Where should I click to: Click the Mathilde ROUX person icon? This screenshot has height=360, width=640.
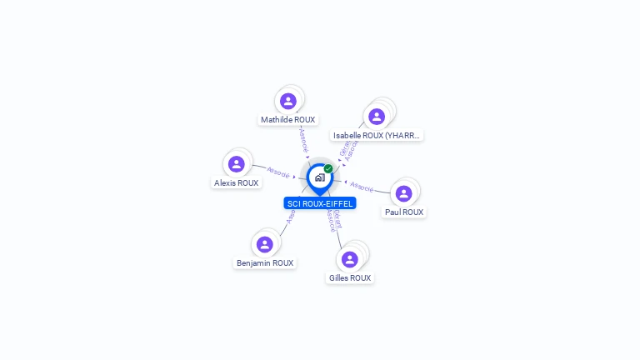click(x=288, y=102)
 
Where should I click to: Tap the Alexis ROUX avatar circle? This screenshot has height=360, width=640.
click(x=237, y=164)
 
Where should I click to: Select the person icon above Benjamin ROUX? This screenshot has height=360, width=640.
click(x=265, y=244)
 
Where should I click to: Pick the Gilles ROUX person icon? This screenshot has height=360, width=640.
click(x=350, y=259)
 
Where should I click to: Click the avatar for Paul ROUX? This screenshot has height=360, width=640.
click(x=404, y=193)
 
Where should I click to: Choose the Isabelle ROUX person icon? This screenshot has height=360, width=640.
click(x=377, y=117)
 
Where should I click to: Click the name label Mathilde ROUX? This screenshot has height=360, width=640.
click(x=287, y=120)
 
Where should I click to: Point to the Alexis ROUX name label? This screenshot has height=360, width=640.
click(x=237, y=182)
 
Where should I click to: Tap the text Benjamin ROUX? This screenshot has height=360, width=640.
click(x=265, y=262)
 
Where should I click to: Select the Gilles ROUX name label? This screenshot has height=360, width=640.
click(x=350, y=277)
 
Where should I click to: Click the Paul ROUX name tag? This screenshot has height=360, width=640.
click(x=404, y=212)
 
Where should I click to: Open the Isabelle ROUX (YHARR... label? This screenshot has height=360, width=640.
click(x=377, y=135)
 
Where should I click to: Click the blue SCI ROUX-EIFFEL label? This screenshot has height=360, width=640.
click(x=320, y=203)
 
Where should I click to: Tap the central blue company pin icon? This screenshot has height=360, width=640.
click(x=319, y=177)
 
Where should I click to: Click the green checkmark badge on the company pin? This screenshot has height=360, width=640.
click(x=328, y=168)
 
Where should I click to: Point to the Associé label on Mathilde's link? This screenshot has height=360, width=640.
click(x=304, y=139)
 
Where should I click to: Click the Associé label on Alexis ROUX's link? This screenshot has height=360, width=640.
click(x=278, y=174)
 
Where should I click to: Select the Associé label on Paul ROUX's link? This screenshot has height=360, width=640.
click(x=362, y=186)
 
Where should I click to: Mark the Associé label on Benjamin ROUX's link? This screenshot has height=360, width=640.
click(x=291, y=216)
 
